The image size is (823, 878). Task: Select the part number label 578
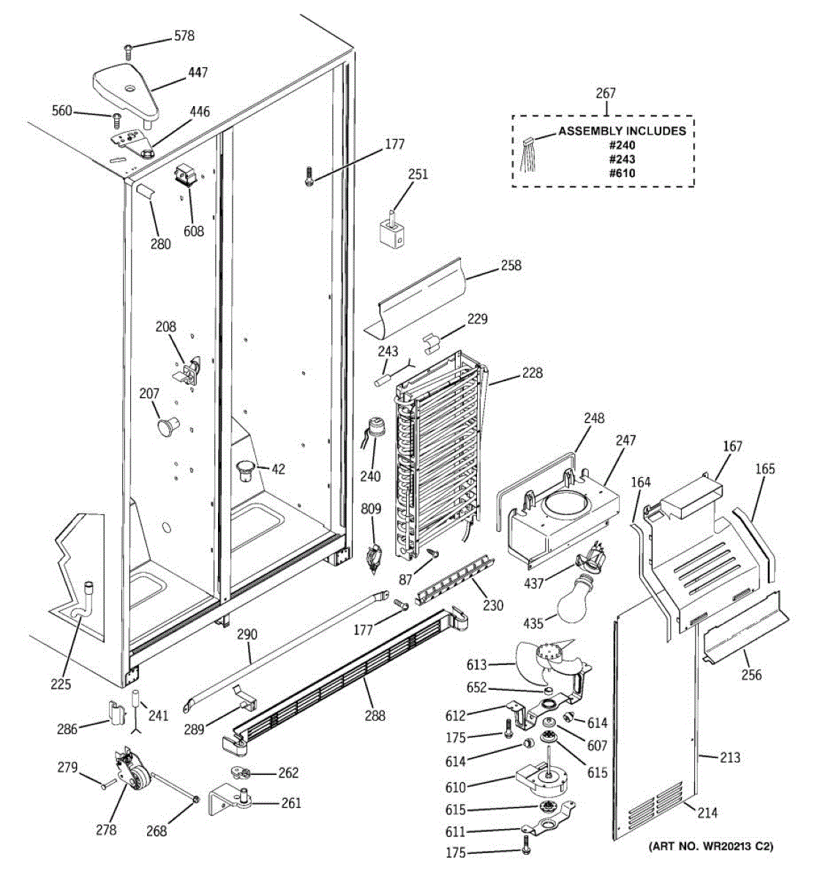184,36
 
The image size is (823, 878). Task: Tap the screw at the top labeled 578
128,51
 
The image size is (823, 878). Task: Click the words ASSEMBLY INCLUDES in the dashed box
622,131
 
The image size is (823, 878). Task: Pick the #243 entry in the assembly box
622,159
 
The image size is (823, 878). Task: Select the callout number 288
375,716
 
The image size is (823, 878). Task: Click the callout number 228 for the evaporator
532,372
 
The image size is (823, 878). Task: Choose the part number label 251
418,174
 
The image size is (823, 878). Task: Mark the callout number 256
751,674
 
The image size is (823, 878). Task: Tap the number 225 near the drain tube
61,684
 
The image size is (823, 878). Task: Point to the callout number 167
732,446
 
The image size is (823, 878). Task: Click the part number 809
372,508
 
